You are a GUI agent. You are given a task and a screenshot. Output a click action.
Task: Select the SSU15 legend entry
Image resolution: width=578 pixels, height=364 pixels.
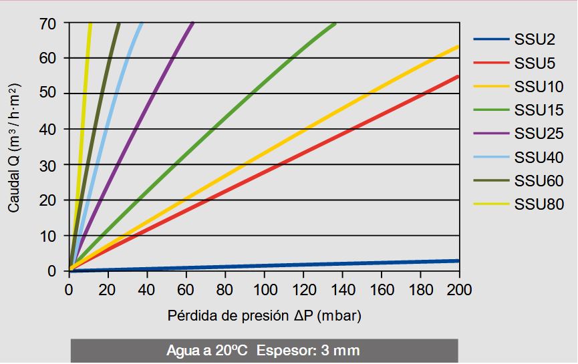tap(539, 110)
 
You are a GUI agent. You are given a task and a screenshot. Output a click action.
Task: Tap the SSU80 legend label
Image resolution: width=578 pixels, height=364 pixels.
tap(539, 204)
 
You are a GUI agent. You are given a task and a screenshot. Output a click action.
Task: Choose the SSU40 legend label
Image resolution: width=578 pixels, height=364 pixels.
tap(539, 158)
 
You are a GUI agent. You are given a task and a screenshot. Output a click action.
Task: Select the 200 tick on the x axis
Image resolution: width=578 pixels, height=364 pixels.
tap(460, 290)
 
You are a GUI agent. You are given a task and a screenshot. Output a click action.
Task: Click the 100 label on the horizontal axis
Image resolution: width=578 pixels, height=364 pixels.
tap(265, 290)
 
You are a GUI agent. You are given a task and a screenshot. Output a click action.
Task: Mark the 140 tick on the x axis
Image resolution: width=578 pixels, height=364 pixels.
tap(343, 290)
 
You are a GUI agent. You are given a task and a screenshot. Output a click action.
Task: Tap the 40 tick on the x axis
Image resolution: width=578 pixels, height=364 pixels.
tap(148, 290)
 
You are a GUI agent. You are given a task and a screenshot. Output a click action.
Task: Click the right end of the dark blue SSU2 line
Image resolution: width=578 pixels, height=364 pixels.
tap(458, 260)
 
